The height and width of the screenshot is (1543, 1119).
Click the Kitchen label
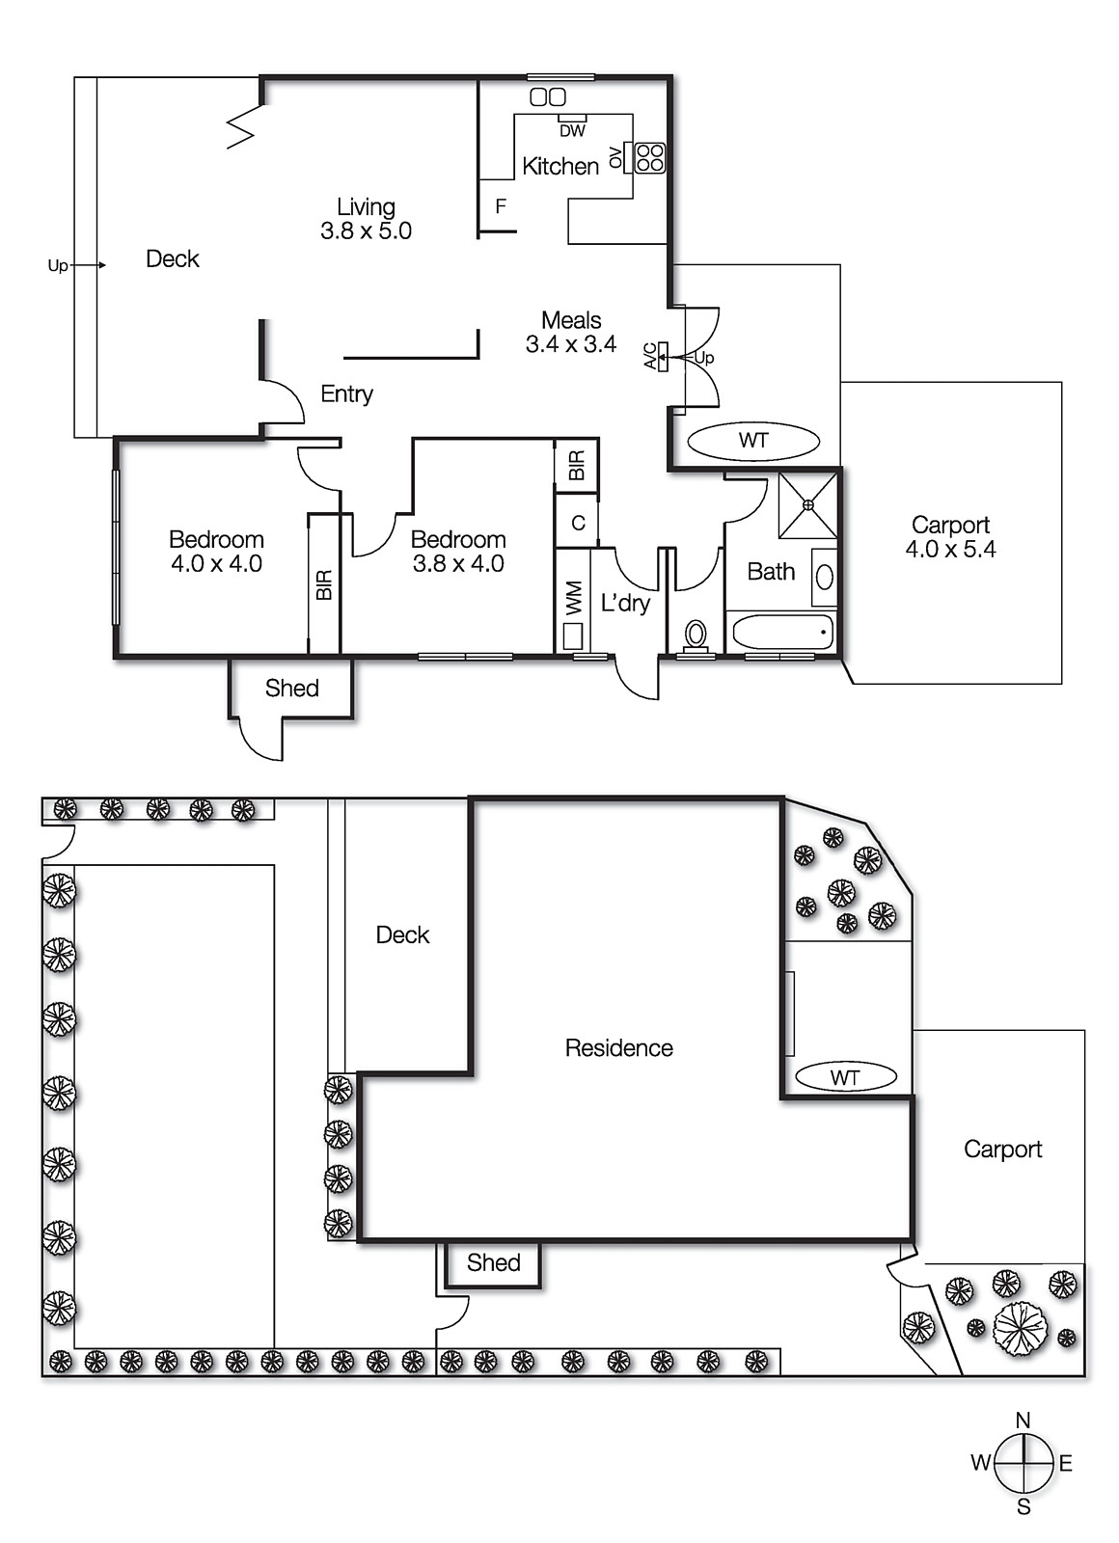[559, 166]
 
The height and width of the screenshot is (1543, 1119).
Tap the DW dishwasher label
[572, 130]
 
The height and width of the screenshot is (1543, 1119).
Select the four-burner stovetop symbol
[650, 157]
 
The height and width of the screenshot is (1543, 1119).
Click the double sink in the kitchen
[548, 96]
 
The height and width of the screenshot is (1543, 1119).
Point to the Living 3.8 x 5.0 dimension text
[366, 231]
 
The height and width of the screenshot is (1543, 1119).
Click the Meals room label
[571, 320]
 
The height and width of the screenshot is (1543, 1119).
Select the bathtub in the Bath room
[782, 634]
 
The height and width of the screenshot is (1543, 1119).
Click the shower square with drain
[808, 504]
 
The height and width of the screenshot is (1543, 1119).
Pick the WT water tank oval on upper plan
[753, 441]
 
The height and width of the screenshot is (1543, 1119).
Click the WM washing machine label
[574, 597]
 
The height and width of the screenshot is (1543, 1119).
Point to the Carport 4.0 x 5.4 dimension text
[950, 550]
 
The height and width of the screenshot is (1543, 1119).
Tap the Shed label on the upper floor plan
[291, 688]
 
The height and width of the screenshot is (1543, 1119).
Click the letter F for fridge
[501, 206]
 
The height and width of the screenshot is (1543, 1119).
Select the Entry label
[346, 393]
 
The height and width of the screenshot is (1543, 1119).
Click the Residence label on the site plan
[618, 1047]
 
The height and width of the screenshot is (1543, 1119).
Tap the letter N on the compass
[1023, 1420]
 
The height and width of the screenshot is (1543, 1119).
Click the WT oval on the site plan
[845, 1076]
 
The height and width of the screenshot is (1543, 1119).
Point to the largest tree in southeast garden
[1020, 1328]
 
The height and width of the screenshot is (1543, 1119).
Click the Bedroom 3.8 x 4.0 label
[458, 552]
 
